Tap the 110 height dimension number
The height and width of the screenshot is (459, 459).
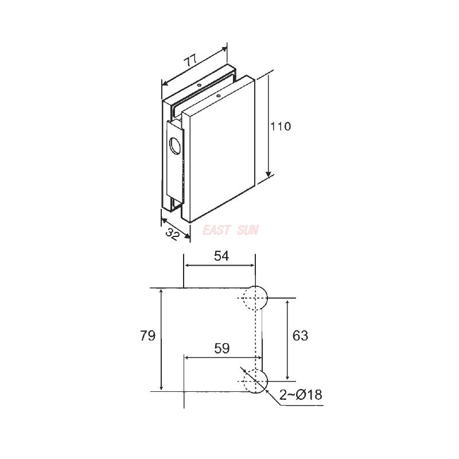click(281, 127)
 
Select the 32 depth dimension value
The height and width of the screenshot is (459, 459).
click(174, 233)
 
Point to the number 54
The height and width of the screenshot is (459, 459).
click(221, 256)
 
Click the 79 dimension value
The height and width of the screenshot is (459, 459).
click(148, 336)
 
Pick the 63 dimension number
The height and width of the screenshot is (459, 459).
click(300, 336)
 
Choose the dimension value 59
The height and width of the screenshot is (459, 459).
click(221, 348)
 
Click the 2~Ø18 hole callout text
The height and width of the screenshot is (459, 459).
click(301, 395)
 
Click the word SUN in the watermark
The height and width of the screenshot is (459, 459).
click(248, 231)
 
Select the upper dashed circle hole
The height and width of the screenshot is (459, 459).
click(255, 298)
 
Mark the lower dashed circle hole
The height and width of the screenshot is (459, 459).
click(255, 381)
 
